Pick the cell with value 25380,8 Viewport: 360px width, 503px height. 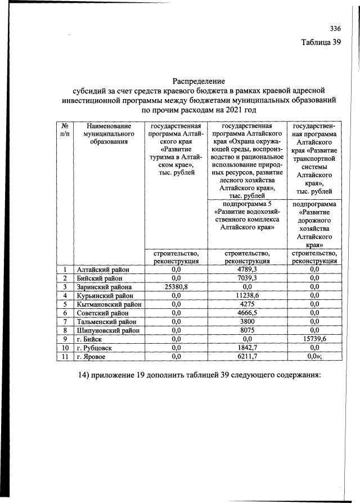pos(175,286)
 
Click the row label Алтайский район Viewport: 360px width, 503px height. pos(103,270)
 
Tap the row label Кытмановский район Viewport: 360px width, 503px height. pos(108,304)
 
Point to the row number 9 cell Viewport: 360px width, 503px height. pos(65,339)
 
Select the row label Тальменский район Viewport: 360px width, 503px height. pos(106,322)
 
